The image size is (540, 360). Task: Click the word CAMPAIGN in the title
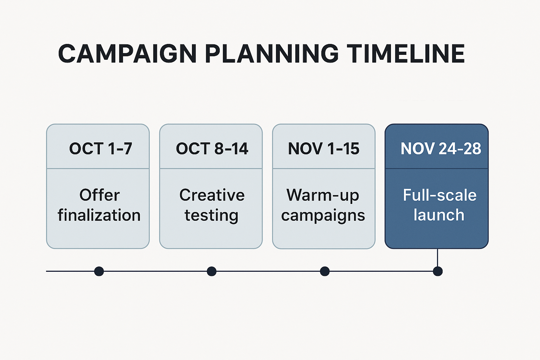(127, 53)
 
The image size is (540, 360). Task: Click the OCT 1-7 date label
(101, 148)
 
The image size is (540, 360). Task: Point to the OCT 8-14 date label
(212, 148)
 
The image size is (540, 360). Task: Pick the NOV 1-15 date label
(324, 148)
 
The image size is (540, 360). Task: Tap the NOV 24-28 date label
(441, 148)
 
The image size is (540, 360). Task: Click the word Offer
(99, 195)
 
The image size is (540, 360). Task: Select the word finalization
(99, 215)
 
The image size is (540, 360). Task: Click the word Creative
(212, 195)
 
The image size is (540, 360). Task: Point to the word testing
(211, 215)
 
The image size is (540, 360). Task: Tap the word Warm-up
(323, 195)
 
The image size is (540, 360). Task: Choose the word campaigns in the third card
(323, 215)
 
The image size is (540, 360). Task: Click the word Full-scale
(440, 195)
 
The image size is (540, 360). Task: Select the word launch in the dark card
(439, 215)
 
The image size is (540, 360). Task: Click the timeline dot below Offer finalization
(99, 271)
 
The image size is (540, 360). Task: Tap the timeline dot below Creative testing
(212, 271)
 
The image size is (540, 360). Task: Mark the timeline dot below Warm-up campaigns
(325, 271)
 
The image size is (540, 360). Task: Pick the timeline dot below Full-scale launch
(438, 271)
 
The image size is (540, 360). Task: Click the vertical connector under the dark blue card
(438, 258)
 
